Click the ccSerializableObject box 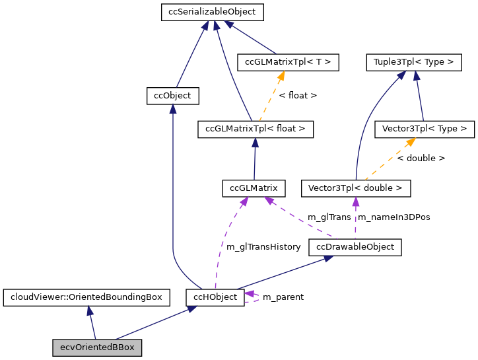(x=213, y=12)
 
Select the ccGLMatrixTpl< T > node (x=287, y=62)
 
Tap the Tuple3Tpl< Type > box (x=413, y=62)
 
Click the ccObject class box (x=172, y=96)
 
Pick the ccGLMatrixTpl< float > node (x=255, y=129)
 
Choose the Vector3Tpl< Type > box (x=424, y=129)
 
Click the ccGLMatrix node (x=254, y=188)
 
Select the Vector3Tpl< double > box (x=356, y=188)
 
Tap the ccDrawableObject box (x=355, y=247)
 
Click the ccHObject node (x=215, y=297)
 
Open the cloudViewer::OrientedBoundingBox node (x=86, y=297)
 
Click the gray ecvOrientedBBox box (x=97, y=347)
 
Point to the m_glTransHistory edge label (x=263, y=246)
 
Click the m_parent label (x=283, y=297)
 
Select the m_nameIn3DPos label (x=393, y=217)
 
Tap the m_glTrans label (x=329, y=217)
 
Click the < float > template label (x=298, y=96)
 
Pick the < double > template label (x=421, y=159)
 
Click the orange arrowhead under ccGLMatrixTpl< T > (x=281, y=76)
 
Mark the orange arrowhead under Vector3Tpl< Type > (x=411, y=142)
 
